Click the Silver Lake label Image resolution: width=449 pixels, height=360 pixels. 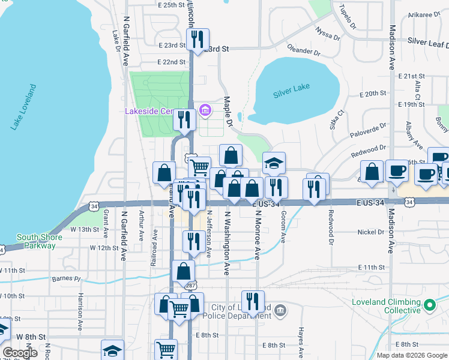click(291, 88)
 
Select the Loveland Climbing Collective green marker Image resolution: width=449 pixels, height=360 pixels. click(429, 305)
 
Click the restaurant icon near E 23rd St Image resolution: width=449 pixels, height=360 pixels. click(196, 39)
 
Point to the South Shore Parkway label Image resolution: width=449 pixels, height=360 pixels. click(39, 241)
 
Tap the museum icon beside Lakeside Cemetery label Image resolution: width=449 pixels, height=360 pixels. click(205, 110)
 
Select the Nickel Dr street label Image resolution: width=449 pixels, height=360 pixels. click(370, 232)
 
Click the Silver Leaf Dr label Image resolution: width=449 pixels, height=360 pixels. click(427, 41)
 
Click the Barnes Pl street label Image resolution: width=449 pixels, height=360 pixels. click(66, 278)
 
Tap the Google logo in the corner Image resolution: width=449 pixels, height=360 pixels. click(20, 353)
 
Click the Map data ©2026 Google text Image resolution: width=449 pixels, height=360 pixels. click(412, 355)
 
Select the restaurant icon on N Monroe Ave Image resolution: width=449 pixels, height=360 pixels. click(253, 301)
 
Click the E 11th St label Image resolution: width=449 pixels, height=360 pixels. click(371, 267)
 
